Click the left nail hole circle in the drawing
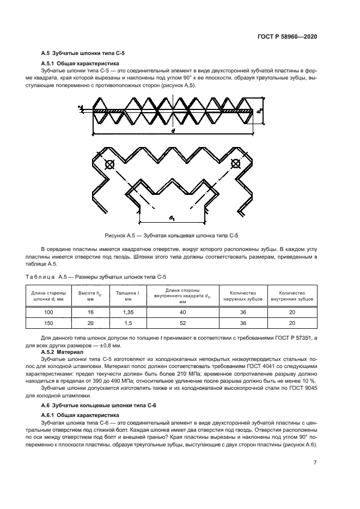tap(108, 163)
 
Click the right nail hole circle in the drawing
tap(236, 163)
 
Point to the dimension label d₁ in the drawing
tap(172, 218)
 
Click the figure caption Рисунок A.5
tap(172, 235)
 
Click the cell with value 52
tap(183, 323)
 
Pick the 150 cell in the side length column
tap(48, 323)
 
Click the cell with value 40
tap(183, 312)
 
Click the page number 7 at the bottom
tap(315, 462)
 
